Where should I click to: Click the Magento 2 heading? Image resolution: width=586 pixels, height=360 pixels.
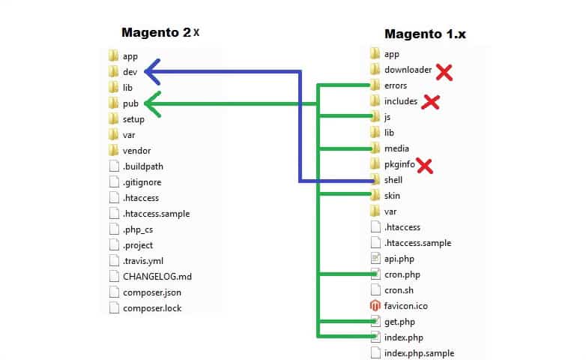160,34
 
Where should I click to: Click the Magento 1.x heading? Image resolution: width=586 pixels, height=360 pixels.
425,34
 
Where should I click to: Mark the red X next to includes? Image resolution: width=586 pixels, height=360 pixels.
430,102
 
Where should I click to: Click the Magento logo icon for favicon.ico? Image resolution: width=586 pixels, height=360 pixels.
375,305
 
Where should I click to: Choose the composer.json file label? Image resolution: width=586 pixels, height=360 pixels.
152,292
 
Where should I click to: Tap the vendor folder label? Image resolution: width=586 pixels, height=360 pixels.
136,150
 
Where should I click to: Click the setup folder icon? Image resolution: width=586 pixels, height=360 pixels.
113,119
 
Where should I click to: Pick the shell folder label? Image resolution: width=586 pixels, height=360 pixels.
393,180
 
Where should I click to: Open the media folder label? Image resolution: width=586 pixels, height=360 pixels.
396,148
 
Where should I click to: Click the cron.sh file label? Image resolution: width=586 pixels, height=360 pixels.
399,289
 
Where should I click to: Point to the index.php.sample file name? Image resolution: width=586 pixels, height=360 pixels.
419,352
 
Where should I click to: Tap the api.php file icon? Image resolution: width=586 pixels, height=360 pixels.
375,258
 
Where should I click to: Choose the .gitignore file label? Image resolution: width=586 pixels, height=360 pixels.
142,181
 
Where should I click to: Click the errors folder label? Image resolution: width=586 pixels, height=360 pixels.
396,85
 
